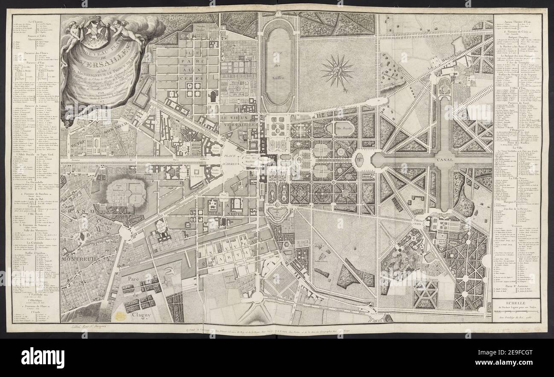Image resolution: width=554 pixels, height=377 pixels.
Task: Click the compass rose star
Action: coord(337,70)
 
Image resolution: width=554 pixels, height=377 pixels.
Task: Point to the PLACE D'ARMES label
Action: coord(230,160)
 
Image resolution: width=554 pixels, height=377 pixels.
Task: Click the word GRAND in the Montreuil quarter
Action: coord(68,211)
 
